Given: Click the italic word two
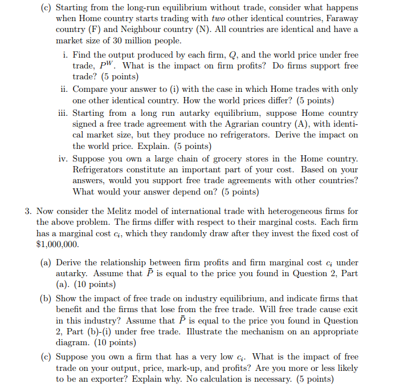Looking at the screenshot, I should pyautogui.click(x=219, y=18).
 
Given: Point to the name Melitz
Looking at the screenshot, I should pyautogui.click(x=136, y=211).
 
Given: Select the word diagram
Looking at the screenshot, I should pyautogui.click(x=71, y=342).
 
